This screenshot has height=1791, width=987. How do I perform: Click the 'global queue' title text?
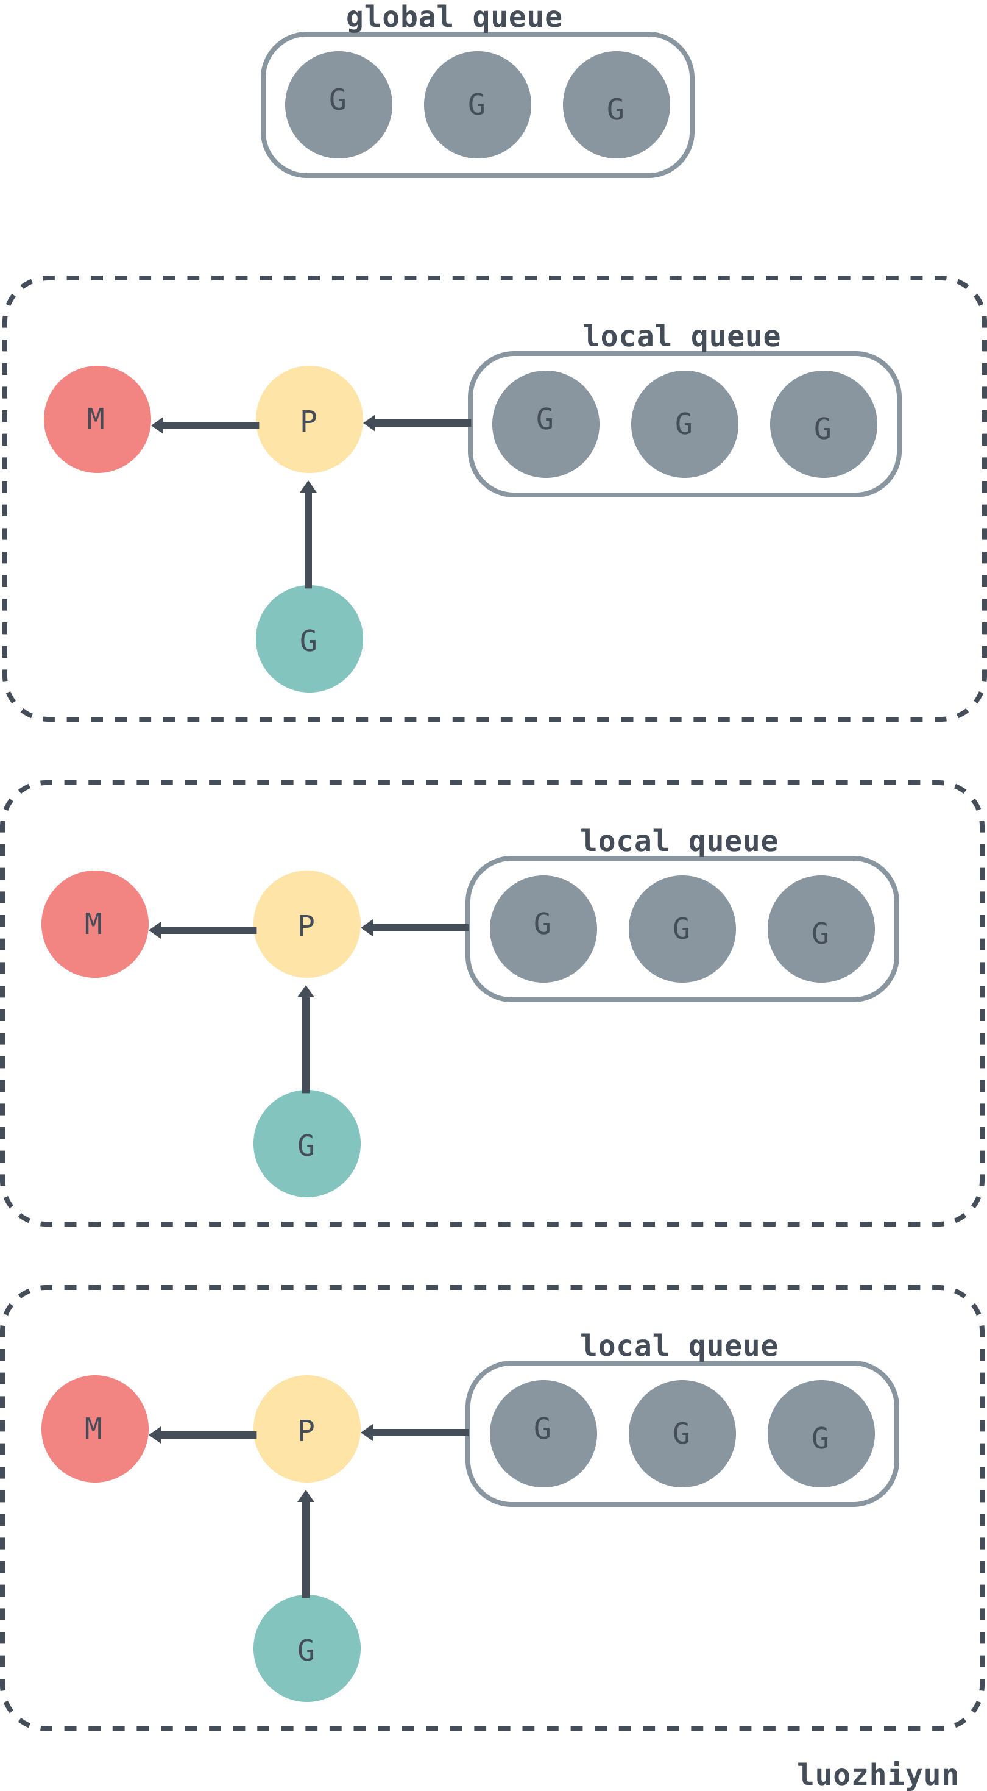click(x=454, y=16)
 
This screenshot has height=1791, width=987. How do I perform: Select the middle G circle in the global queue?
click(x=478, y=105)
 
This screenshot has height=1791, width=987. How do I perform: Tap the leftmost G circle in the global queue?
click(x=339, y=105)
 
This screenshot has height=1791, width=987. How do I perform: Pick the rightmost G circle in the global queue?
click(x=617, y=105)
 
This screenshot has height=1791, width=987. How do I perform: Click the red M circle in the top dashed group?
click(x=97, y=419)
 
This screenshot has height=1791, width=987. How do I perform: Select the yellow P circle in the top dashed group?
click(x=310, y=419)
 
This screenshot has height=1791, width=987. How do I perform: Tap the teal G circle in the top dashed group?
click(x=310, y=639)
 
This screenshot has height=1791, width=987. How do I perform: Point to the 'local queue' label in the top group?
click(x=682, y=336)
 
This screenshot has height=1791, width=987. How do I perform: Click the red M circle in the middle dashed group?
click(x=95, y=924)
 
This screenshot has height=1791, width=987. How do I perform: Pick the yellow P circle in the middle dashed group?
click(x=307, y=924)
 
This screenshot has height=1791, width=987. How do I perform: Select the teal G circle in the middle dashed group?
click(x=307, y=1144)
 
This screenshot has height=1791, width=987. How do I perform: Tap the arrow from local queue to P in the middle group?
click(x=415, y=927)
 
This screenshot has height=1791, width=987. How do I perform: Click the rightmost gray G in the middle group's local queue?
click(x=821, y=929)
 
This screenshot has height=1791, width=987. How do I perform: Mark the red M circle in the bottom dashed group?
click(x=95, y=1429)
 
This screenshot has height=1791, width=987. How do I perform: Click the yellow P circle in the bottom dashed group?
click(x=307, y=1429)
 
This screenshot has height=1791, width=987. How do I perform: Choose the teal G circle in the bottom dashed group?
click(x=307, y=1648)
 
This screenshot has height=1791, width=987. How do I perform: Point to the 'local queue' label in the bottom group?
click(x=679, y=1346)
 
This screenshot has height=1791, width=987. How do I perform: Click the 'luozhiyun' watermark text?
click(x=878, y=1773)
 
